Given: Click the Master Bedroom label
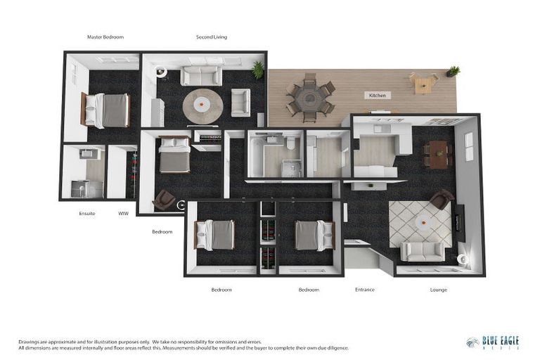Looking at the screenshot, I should tap(105, 37).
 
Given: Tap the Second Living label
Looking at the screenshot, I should tap(212, 37).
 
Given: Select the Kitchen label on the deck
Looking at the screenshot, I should tap(378, 95).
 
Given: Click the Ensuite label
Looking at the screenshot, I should tap(87, 212).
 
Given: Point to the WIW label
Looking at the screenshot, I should tap(123, 212).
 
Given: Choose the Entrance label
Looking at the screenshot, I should tap(364, 289).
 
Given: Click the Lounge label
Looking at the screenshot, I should tap(438, 289).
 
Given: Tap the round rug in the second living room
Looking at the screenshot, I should tap(202, 106).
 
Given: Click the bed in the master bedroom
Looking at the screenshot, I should tap(107, 110).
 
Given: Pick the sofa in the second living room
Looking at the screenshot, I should tap(201, 76).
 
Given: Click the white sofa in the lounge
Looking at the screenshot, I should tap(423, 251).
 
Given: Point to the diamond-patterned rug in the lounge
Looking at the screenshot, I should tap(420, 223).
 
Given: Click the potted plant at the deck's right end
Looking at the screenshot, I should tap(453, 72).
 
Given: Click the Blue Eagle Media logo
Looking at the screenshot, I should tap(493, 342).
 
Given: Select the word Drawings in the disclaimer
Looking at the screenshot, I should tap(30, 341).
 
